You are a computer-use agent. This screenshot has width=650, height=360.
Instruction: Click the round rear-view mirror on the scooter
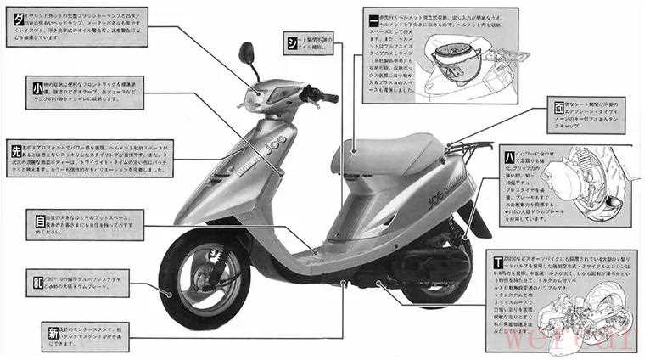247,53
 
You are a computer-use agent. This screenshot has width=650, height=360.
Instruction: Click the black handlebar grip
328,98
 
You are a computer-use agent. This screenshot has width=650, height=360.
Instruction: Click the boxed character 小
38,87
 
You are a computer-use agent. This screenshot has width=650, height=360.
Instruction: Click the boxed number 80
38,280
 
